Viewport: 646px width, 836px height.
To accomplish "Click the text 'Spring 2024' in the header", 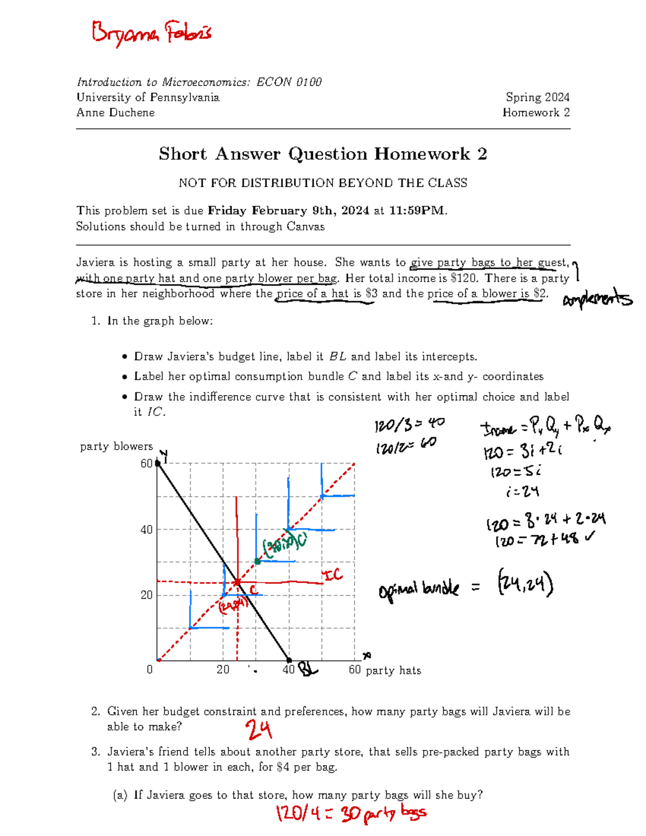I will [537, 97].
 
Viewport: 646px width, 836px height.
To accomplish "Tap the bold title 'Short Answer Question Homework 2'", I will [322, 154].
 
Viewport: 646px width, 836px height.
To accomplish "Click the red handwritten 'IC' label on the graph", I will [333, 575].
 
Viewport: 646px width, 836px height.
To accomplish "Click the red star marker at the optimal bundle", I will [236, 582].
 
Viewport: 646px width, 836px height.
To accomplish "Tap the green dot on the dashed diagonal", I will [257, 561].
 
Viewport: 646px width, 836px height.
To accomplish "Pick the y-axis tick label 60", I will [146, 463].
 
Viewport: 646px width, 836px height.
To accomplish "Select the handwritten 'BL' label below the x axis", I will [308, 669].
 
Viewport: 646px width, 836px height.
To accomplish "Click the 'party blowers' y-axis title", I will [116, 446].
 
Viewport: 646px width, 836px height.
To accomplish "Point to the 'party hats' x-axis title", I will [393, 670].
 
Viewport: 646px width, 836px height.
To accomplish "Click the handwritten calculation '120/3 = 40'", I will [410, 425].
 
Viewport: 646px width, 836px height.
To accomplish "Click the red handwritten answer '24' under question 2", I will [259, 730].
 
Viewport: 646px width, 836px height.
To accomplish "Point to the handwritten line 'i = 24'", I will [522, 491].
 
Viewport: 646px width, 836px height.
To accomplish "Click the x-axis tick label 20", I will [223, 670].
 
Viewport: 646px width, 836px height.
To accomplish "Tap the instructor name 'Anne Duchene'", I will [116, 113].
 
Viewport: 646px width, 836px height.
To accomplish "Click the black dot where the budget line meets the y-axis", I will [157, 463].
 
